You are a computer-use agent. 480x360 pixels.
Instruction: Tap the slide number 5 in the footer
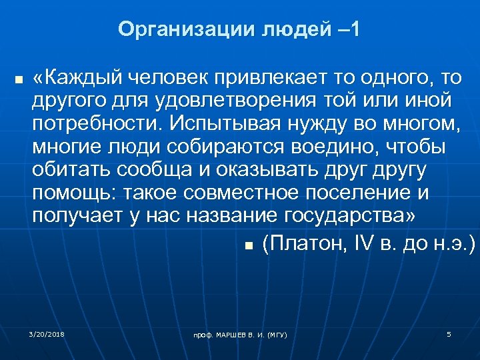coord(449,333)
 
